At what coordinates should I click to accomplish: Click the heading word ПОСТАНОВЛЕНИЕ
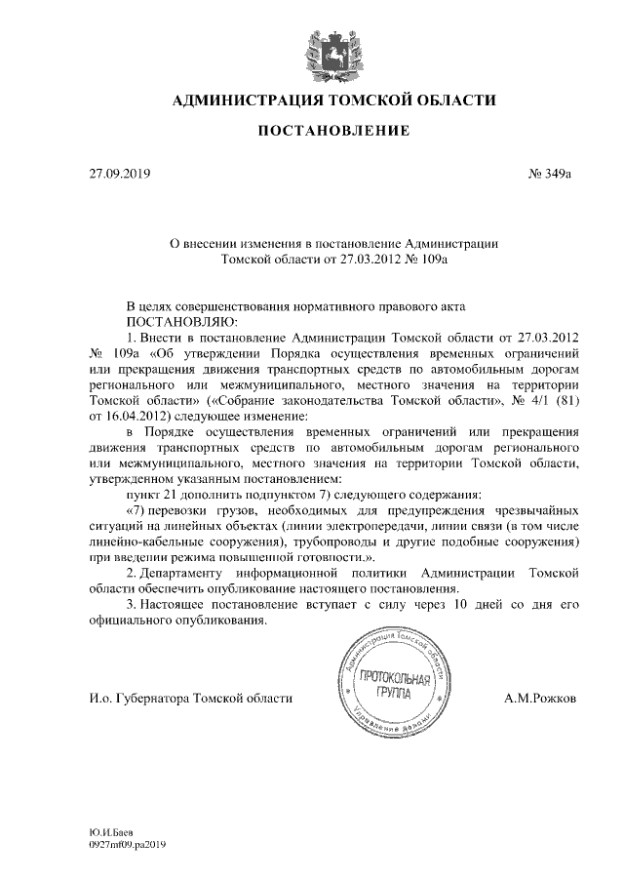333,131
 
